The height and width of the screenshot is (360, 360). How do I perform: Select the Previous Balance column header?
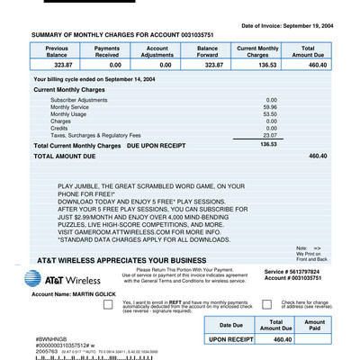(63, 51)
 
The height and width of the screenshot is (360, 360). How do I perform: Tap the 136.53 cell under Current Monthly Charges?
(258, 66)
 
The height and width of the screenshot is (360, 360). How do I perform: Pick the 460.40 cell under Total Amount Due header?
(308, 66)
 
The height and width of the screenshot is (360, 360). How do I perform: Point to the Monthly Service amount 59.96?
(269, 107)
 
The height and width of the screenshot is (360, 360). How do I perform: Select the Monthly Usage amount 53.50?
(269, 114)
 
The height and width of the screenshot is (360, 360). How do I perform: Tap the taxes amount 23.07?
(269, 135)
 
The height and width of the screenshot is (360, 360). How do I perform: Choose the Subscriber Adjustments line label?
(82, 100)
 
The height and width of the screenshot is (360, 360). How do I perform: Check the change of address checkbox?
(267, 304)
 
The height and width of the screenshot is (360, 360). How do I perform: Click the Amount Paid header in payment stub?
(314, 326)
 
